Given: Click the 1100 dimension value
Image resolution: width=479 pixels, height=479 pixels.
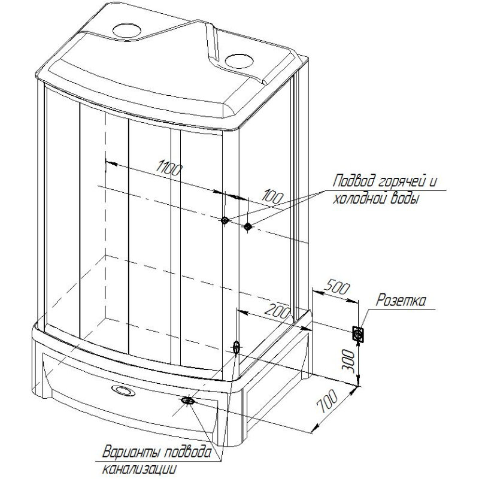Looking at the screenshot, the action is click(169, 169).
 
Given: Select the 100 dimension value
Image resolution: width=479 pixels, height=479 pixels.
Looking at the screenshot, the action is click(274, 197).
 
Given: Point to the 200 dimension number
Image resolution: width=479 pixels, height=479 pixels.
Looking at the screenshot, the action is click(277, 311).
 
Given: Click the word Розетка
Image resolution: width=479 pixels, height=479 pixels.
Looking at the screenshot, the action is click(401, 301).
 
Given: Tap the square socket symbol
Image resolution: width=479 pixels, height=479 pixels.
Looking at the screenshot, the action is click(357, 334).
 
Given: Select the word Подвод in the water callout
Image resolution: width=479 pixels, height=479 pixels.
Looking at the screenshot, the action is click(354, 181).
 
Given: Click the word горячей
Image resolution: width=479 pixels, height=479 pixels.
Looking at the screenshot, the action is click(402, 182).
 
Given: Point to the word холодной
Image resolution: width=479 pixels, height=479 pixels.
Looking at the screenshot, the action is click(361, 199).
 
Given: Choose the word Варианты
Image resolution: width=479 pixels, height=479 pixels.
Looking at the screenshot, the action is click(132, 453).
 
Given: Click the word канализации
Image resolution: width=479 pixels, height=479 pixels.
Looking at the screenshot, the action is click(140, 469).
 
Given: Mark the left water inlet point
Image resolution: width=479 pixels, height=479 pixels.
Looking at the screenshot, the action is click(225, 220).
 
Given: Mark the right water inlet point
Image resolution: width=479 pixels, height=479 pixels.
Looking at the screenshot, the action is click(248, 226).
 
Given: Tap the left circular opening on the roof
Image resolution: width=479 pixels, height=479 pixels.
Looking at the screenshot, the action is click(127, 30).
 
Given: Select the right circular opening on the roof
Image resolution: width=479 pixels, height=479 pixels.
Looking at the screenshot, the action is click(239, 61).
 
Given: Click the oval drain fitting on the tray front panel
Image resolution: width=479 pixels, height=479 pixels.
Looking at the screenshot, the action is click(123, 390).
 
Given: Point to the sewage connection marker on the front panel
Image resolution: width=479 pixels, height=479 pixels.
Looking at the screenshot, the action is click(186, 400).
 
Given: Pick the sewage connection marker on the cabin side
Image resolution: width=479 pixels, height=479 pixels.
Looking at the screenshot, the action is click(237, 347).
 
